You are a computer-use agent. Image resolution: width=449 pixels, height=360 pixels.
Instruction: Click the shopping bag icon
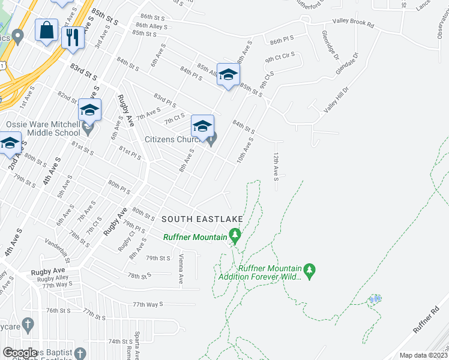pos(47,29)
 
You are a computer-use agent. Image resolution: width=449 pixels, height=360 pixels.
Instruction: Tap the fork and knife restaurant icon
pos(73,37)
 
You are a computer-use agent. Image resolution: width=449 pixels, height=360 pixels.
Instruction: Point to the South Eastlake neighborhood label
pos(193,219)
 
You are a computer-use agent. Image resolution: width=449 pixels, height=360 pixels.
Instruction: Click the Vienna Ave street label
pos(181,268)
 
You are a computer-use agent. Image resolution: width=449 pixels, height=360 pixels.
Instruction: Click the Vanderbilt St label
pos(57,251)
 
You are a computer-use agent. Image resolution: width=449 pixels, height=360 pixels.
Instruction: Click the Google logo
pos(21,353)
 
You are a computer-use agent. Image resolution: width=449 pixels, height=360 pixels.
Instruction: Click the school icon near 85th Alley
pos(228,74)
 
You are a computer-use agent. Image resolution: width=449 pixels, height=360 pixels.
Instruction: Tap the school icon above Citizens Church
pos(202,126)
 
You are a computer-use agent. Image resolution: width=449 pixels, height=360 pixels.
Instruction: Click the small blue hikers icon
pos(376,298)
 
